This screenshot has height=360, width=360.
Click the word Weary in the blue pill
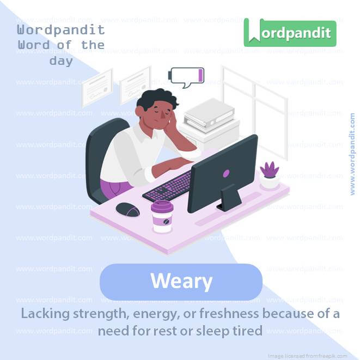pyautogui.click(x=181, y=281)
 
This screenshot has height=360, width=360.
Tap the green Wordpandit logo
pyautogui.click(x=290, y=33)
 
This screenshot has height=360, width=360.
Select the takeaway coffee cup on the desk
pyautogui.click(x=162, y=217)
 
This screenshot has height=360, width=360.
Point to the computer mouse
pyautogui.click(x=127, y=209)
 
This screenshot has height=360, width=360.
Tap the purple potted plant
pyautogui.click(x=270, y=175)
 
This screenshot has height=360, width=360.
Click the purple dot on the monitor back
pyautogui.click(x=226, y=174)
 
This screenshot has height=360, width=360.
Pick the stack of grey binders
pyautogui.click(x=209, y=115)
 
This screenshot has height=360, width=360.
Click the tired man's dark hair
pyautogui.click(x=156, y=99)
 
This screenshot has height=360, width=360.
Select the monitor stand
pyautogui.click(x=229, y=198)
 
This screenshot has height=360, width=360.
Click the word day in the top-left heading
pyautogui.click(x=61, y=61)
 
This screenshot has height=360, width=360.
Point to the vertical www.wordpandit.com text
pyautogui.click(x=352, y=154)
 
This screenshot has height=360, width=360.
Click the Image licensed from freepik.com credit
pyautogui.click(x=308, y=356)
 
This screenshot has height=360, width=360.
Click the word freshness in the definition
pyautogui.click(x=229, y=313)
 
